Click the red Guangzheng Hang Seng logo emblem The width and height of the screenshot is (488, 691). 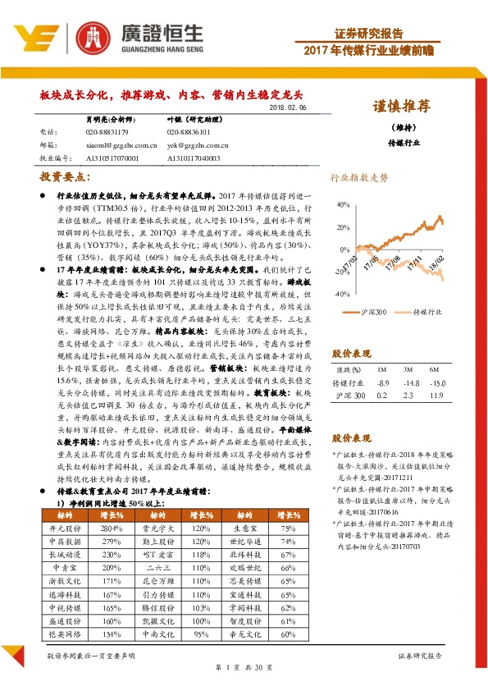tap(93, 37)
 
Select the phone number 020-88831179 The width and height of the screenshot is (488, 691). tap(107, 131)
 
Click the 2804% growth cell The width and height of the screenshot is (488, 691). tap(111, 530)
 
